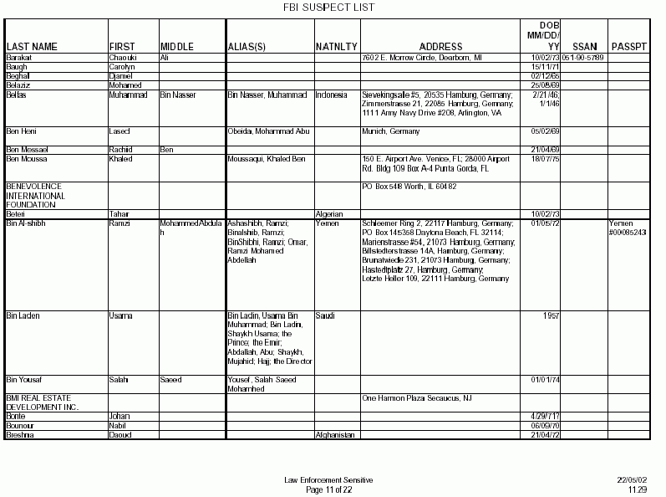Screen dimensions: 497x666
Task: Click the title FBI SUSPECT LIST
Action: point(333,8)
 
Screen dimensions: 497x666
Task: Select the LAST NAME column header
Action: point(32,46)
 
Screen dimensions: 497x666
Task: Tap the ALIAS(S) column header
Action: point(248,46)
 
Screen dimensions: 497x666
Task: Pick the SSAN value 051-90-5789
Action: point(583,57)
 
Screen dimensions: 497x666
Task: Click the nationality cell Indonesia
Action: point(332,95)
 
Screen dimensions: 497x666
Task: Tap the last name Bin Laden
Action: point(23,315)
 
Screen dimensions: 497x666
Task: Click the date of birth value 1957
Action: point(550,315)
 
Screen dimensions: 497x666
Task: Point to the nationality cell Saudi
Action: point(324,315)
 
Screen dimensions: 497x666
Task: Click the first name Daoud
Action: point(120,435)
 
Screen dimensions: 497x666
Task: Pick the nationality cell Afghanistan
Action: point(336,435)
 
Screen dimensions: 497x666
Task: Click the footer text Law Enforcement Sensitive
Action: point(328,479)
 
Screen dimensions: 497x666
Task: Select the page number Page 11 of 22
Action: point(328,489)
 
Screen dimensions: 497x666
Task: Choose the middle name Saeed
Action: point(170,379)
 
